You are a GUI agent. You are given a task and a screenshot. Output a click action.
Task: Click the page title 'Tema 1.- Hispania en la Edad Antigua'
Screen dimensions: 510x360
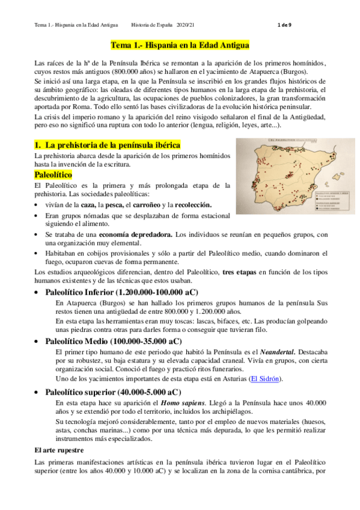pos(180,45)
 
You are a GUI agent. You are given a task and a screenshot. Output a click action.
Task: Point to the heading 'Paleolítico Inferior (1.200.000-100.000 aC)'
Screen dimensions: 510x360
pos(121,292)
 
